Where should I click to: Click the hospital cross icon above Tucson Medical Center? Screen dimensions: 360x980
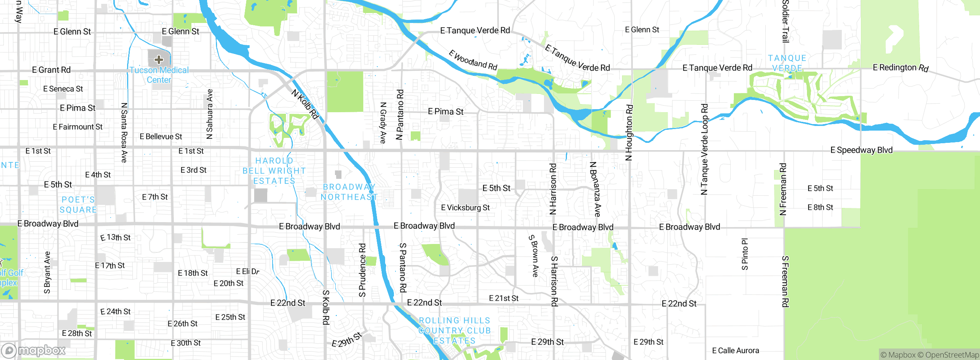pos(159,59)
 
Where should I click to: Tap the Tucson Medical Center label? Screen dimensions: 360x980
pos(159,75)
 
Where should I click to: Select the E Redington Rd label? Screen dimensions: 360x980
pos(900,68)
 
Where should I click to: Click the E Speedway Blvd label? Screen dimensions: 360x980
pos(861,150)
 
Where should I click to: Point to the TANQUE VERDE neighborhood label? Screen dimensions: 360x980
pos(787,63)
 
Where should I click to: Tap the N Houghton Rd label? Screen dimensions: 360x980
pos(629,133)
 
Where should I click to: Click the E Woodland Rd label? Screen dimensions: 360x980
pos(473,60)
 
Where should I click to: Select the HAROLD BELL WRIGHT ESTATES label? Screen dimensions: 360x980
pos(274,171)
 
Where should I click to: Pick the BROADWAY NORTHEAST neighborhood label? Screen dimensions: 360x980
pos(349,192)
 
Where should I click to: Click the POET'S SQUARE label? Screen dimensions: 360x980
pos(78,205)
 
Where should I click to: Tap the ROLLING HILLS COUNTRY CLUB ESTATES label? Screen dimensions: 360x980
pos(454,331)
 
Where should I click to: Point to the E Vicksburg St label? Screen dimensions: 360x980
pos(465,208)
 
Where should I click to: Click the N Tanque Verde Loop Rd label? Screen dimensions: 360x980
pos(704,149)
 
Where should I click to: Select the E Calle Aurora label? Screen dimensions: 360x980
pos(735,350)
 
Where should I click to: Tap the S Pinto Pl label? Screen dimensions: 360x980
pos(745,254)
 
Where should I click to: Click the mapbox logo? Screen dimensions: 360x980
pos(34,350)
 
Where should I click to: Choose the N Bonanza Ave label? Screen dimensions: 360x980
pos(595,189)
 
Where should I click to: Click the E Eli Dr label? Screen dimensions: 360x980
pos(248,272)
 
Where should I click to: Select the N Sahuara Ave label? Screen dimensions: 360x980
pos(209,114)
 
